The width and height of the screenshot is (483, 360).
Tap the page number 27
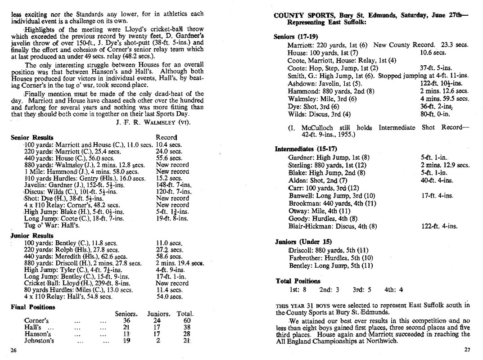(x=466, y=349)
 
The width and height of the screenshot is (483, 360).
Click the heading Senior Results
(x=32, y=137)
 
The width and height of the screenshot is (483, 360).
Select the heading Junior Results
(x=32, y=235)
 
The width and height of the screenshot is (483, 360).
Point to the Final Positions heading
(x=33, y=307)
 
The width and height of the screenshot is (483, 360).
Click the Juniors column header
(x=158, y=314)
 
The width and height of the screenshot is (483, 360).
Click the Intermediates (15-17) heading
(x=305, y=149)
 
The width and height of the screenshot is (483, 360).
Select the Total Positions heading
(x=298, y=281)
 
